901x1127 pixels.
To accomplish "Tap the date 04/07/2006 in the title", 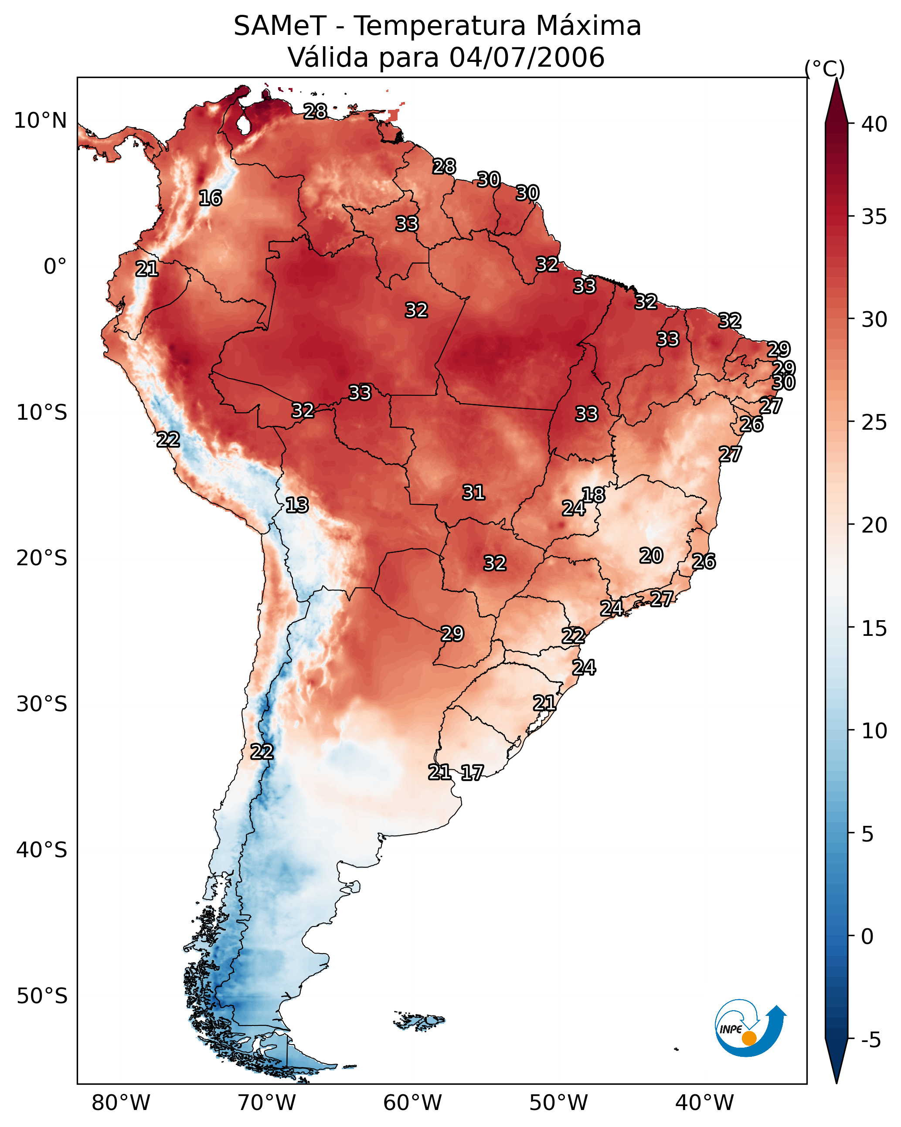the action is coord(527,57).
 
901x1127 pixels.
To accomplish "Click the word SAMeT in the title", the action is coord(280,26).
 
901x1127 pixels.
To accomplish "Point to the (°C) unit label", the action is coord(825,68).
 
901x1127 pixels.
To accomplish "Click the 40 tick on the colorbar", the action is coord(875,124).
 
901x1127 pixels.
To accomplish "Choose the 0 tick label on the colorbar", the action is coord(868,937).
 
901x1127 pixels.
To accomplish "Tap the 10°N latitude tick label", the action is coord(40,121).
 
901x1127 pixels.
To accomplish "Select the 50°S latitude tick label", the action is coord(42,996).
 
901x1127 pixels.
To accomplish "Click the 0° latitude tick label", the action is coord(55,267).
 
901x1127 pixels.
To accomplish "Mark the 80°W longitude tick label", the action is coord(121,1103).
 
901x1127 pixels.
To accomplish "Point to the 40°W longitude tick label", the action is coord(704,1103).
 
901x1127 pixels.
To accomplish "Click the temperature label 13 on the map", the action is coord(297,506).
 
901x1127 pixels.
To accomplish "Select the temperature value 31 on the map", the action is coord(474,492).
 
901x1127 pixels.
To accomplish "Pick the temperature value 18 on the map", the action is coord(594,495).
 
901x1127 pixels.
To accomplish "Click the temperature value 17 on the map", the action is coord(472,773).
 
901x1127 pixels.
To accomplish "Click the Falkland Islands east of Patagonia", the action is coord(419,1020).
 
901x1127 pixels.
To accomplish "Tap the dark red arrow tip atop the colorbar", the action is coord(836,79).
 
